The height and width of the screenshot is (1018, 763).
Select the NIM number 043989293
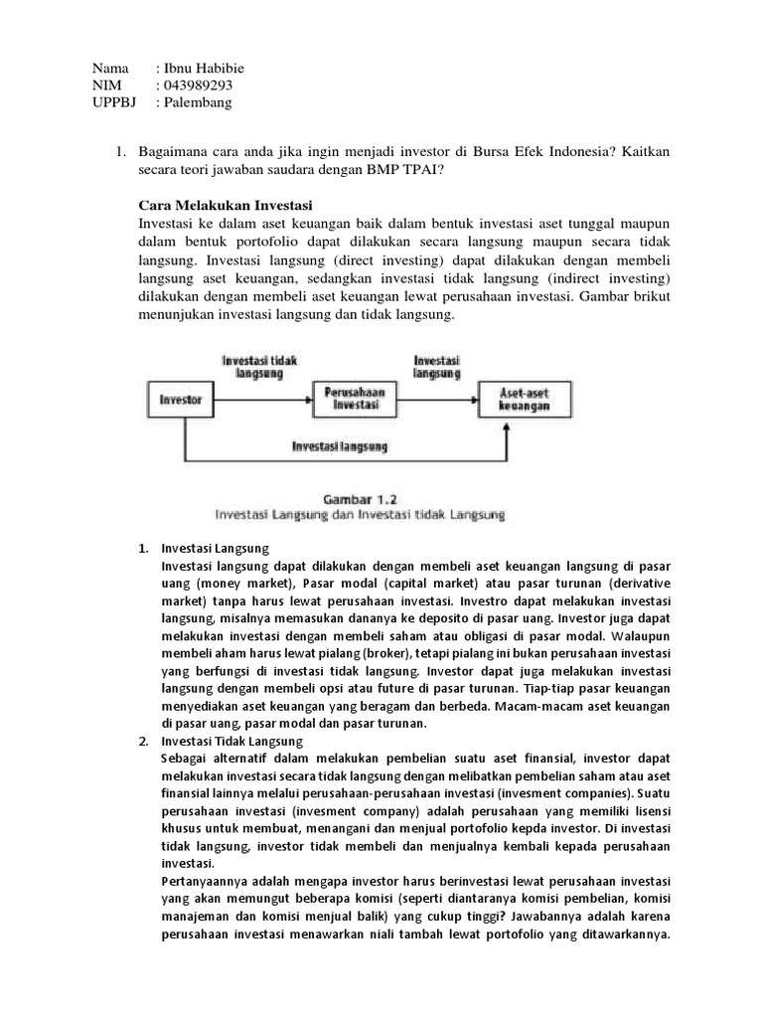[x=199, y=85]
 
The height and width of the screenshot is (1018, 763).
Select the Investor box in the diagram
[x=181, y=400]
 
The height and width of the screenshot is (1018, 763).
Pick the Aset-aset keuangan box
[x=526, y=400]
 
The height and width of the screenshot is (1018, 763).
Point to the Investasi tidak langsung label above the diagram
[x=260, y=366]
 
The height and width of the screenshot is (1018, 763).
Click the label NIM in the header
[x=105, y=85]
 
